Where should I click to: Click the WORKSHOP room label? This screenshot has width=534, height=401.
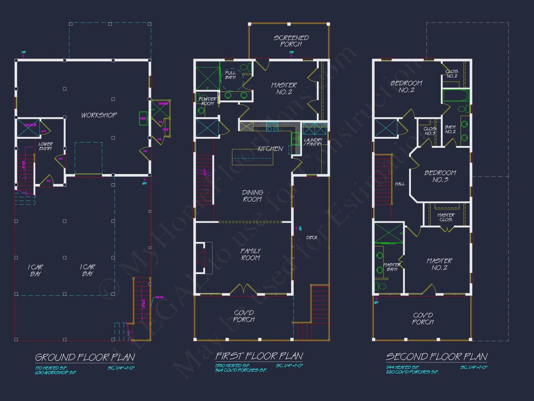[x=99, y=115]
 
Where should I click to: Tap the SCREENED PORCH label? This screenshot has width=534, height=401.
[x=291, y=41]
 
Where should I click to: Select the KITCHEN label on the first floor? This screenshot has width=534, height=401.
[x=270, y=149]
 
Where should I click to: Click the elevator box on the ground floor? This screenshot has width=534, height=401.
[x=29, y=128]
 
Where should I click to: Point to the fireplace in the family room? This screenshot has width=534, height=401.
[x=201, y=258]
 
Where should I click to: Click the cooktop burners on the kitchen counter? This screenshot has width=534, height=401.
[x=272, y=127]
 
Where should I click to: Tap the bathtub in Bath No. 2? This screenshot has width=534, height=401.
[x=456, y=96]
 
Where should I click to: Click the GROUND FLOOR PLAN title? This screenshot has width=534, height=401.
[x=85, y=357]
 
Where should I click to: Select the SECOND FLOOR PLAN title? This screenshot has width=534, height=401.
[x=437, y=357]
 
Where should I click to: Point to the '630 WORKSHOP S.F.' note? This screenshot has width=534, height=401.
[x=56, y=372]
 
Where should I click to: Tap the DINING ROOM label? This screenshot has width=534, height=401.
[x=252, y=196]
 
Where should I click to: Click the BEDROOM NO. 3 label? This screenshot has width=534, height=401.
[x=440, y=176]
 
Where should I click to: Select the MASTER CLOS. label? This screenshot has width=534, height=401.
[x=446, y=217]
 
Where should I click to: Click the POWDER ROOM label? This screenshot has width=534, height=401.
[x=207, y=101]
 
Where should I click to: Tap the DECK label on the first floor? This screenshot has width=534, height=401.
[x=312, y=237]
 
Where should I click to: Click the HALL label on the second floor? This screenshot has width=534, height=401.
[x=400, y=184]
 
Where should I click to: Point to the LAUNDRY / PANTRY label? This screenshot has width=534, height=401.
[x=313, y=142]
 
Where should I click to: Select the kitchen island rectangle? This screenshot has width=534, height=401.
[x=252, y=157]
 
